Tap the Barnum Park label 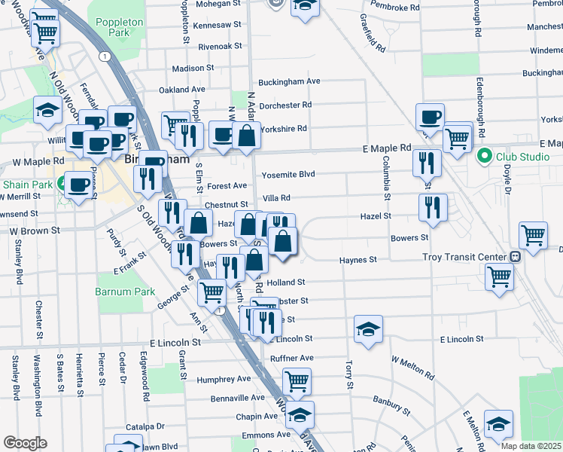(x=125, y=292)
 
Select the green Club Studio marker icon (x=485, y=157)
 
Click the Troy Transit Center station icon (x=514, y=257)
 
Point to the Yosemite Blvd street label (x=288, y=175)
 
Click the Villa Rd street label (x=276, y=198)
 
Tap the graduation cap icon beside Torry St (x=368, y=328)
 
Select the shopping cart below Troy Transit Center (x=500, y=276)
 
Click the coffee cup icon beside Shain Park (x=78, y=183)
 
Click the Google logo (x=25, y=443)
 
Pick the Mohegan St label (x=218, y=4)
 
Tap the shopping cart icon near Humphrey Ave (x=297, y=381)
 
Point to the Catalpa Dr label (x=145, y=426)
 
